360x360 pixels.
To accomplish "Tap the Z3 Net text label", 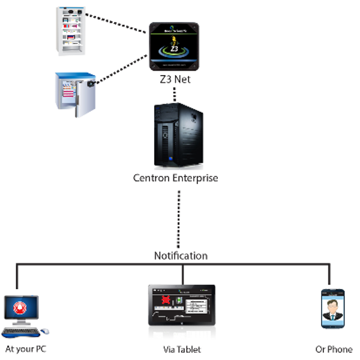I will [x=174, y=79].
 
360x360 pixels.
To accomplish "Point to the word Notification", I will [x=181, y=256].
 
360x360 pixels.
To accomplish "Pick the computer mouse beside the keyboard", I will [x=46, y=331].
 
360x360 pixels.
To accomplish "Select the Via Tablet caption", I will [x=181, y=349].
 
